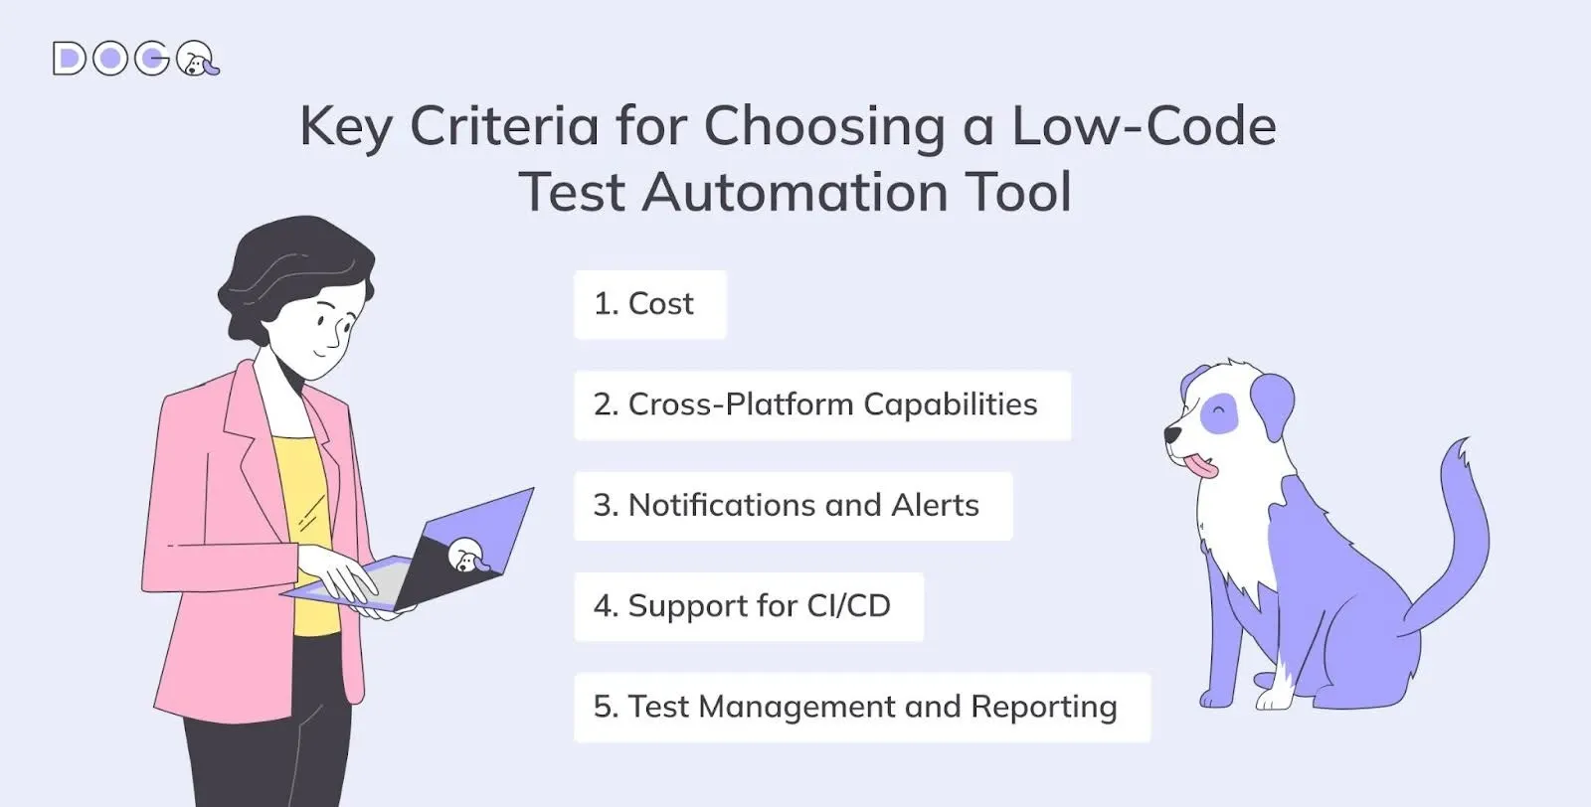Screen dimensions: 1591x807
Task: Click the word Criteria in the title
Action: click(503, 126)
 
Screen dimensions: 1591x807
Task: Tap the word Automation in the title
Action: click(795, 192)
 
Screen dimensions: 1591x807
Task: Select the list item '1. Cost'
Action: click(650, 304)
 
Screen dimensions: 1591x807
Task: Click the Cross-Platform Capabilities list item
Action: click(822, 404)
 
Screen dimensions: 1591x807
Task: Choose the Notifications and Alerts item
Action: click(793, 505)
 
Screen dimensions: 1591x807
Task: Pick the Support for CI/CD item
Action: click(749, 606)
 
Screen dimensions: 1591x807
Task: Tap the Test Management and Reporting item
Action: click(862, 707)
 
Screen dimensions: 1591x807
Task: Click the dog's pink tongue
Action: click(1201, 465)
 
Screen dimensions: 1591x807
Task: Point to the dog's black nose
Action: click(1171, 433)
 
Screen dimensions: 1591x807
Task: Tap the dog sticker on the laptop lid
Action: click(467, 556)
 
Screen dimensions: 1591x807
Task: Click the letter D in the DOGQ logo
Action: click(69, 59)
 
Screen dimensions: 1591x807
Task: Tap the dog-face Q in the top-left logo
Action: click(197, 59)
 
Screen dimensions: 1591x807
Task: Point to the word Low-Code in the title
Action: click(1144, 126)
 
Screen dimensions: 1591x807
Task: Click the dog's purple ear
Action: click(1273, 404)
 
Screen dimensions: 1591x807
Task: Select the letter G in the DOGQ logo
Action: click(152, 59)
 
